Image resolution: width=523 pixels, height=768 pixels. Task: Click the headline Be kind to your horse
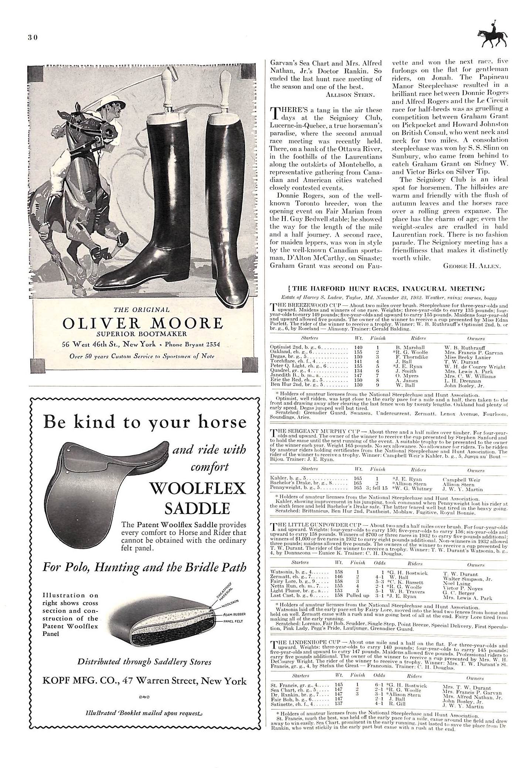click(x=145, y=422)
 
